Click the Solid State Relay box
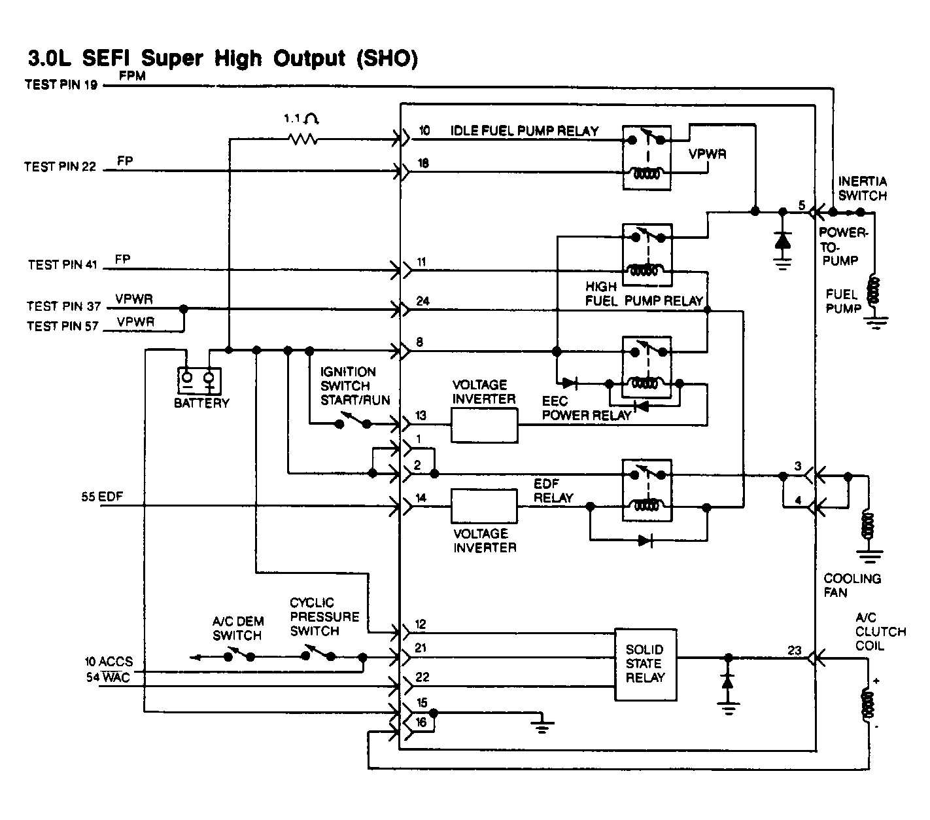[x=646, y=664]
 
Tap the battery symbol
[x=199, y=381]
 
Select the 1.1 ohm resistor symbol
[x=303, y=139]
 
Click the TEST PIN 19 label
[x=61, y=84]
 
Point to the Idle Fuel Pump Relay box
[x=646, y=158]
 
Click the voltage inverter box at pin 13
[x=484, y=425]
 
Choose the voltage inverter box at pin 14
[x=484, y=506]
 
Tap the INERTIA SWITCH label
[x=862, y=188]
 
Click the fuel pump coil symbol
[x=874, y=290]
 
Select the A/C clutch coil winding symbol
[x=868, y=704]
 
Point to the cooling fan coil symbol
[x=868, y=524]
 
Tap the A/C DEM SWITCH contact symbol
[x=239, y=654]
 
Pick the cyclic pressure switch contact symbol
[x=318, y=652]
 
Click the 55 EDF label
[x=102, y=497]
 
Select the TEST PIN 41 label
[x=62, y=264]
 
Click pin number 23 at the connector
[x=795, y=651]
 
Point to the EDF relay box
[x=647, y=490]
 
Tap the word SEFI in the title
[x=106, y=58]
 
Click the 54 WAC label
[x=108, y=677]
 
